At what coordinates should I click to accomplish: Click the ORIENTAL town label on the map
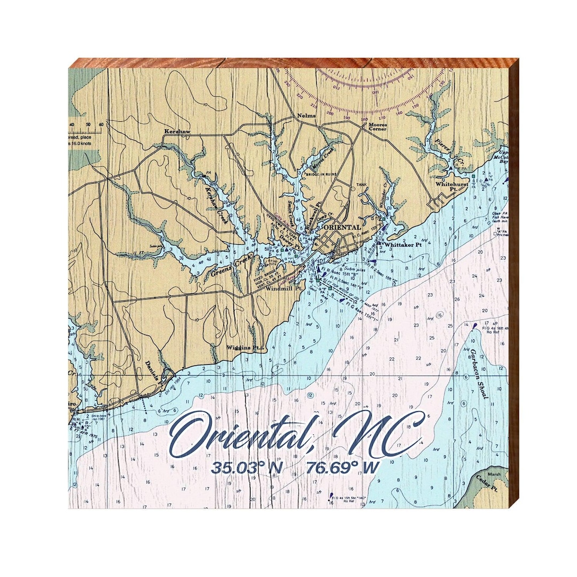342,227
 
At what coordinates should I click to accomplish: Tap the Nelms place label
307,116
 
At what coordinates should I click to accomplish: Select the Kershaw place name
177,131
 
